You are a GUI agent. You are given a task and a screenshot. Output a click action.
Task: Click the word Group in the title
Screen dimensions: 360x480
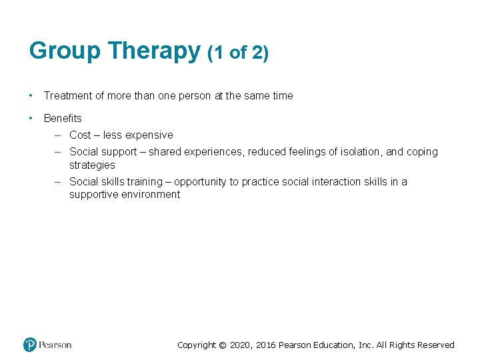[x=65, y=51]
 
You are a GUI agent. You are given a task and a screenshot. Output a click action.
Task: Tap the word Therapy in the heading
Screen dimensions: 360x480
[x=154, y=51]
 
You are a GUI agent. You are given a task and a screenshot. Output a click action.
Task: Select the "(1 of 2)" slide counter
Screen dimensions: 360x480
[x=238, y=53]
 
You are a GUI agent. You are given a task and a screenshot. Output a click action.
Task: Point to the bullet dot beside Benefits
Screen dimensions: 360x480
[x=31, y=118]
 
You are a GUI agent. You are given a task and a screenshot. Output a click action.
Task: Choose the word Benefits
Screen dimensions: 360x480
[x=63, y=119]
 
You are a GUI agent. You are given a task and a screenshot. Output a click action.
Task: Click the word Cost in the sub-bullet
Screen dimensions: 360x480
[x=80, y=135]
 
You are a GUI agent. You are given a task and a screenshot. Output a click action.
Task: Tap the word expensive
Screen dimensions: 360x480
[x=149, y=135]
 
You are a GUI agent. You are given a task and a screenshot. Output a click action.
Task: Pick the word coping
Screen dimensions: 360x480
[x=421, y=152]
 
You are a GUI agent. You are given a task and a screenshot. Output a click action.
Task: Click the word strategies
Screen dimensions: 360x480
[x=92, y=165]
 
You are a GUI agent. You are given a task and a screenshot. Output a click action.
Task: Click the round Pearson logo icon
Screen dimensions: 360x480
[x=30, y=345]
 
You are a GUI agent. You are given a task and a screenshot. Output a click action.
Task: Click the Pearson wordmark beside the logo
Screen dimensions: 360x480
[x=55, y=345]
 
